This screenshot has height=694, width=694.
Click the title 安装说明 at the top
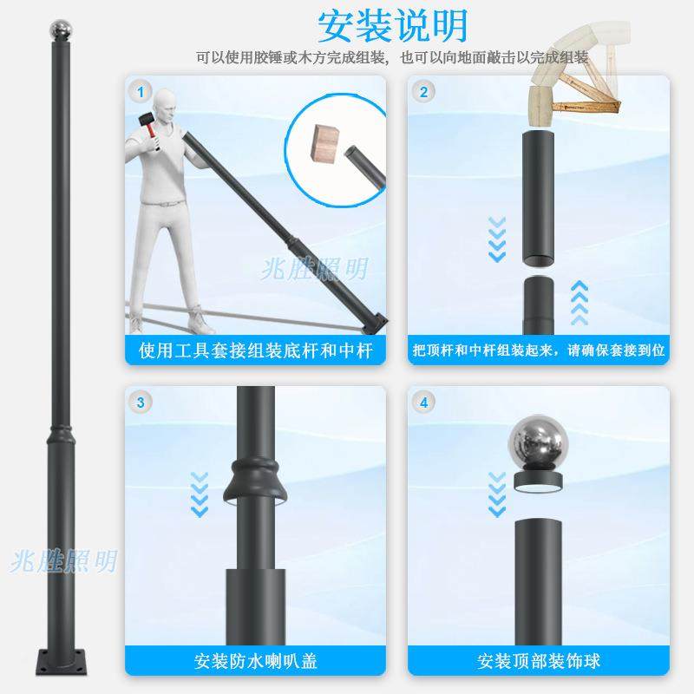coord(392,26)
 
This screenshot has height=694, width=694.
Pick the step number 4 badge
coord(424,403)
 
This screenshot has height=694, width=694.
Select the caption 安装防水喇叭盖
coord(256,661)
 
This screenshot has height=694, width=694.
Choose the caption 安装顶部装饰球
coord(539,661)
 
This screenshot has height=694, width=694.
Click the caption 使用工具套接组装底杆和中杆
coord(256,350)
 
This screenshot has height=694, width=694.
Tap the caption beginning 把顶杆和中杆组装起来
coord(539,350)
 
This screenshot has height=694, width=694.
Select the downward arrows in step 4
coord(497,494)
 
